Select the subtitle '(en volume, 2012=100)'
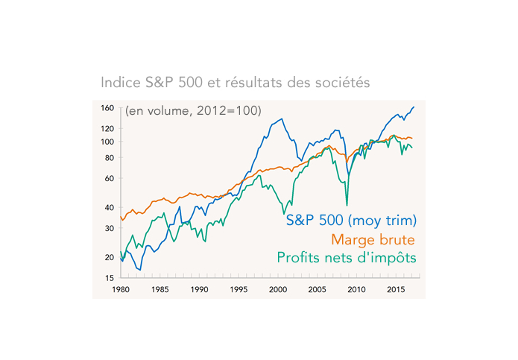(x=192, y=111)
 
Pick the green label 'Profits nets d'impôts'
(x=346, y=258)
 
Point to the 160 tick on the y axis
(x=107, y=108)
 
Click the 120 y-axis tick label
(x=107, y=129)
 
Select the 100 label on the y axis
(x=107, y=142)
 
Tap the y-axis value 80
(x=109, y=158)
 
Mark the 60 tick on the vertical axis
(x=109, y=179)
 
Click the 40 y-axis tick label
(x=109, y=208)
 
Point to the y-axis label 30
(x=109, y=229)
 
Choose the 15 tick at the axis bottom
(x=109, y=278)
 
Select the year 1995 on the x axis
(x=239, y=288)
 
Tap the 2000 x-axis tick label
(x=278, y=288)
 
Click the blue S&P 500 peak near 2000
(x=281, y=119)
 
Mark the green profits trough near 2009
(x=347, y=205)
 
